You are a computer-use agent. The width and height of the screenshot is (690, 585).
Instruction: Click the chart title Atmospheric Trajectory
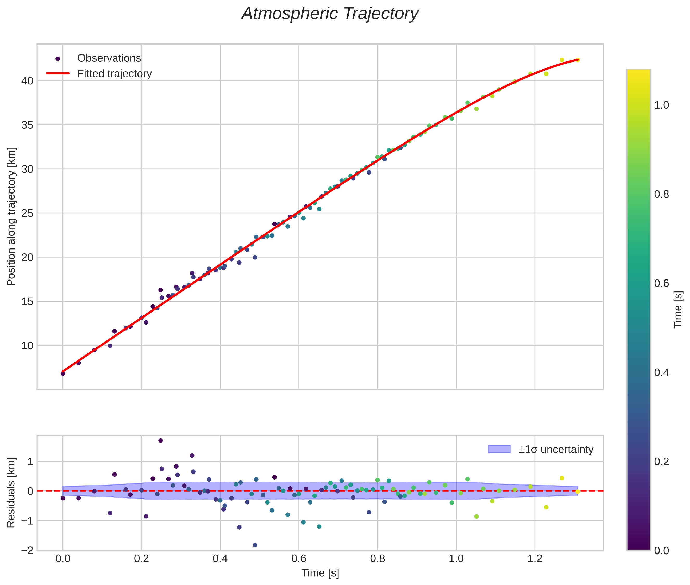(x=330, y=14)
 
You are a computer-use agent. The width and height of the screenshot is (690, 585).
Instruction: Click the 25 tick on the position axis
(x=27, y=213)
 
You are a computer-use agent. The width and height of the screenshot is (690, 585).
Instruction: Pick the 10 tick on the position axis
(x=27, y=346)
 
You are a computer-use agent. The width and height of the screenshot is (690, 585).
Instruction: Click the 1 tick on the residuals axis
(x=30, y=461)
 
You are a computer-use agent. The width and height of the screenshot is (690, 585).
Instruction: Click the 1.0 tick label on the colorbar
(x=661, y=105)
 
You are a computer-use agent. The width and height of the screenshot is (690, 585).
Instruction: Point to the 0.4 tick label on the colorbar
(x=661, y=372)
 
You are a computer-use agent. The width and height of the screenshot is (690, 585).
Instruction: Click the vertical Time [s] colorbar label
(x=678, y=310)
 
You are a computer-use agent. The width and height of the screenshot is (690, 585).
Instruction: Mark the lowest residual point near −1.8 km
(x=255, y=545)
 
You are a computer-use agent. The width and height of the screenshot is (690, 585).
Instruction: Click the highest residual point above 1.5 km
(x=160, y=440)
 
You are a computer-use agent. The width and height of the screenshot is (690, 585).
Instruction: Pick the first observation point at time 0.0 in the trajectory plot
(x=63, y=374)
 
